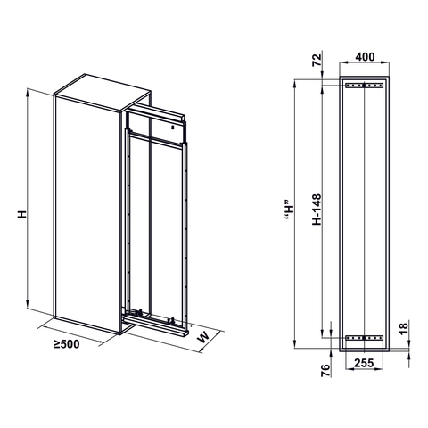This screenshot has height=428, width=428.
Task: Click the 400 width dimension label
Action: [x=366, y=55]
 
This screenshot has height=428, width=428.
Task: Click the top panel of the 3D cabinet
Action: [x=100, y=87]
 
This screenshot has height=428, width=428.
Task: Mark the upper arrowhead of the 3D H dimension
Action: [x=30, y=91]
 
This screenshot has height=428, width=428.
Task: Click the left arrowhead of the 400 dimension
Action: [x=343, y=67]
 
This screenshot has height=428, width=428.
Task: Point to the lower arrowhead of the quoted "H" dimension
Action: [x=296, y=344]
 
